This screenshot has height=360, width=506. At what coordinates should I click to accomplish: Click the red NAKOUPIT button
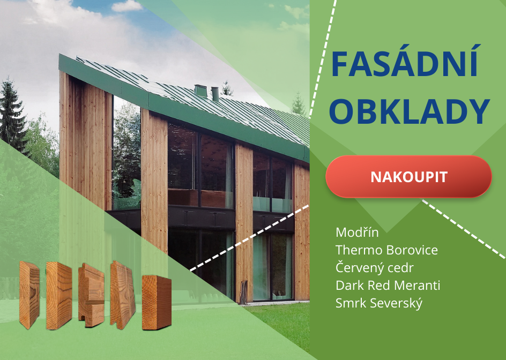point(408,176)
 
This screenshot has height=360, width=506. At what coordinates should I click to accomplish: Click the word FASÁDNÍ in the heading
point(405,62)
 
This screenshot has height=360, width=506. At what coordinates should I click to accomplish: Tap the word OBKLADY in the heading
point(410,111)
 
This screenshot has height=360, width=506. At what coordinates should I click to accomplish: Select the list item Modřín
point(357,232)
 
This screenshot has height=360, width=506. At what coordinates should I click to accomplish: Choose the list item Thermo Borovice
point(386,250)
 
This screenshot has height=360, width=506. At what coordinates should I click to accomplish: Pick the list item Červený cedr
point(374,267)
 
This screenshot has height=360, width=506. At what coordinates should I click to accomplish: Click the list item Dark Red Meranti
point(388,285)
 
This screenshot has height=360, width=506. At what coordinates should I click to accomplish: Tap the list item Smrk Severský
point(379,303)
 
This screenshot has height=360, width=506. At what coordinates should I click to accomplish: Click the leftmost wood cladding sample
point(29,295)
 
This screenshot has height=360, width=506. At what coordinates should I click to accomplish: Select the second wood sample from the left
point(59,296)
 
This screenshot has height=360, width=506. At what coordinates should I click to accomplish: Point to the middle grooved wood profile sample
point(91,295)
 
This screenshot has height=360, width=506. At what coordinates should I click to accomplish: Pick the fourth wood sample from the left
point(123,295)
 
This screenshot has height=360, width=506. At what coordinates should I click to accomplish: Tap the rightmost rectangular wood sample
point(157,302)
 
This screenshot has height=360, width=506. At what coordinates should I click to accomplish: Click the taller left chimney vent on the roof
point(200,91)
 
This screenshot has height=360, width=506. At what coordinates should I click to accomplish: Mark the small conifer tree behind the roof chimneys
point(227,88)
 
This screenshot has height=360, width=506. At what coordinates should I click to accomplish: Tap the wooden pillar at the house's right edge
point(302,231)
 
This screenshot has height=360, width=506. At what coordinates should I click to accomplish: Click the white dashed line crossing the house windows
point(249,238)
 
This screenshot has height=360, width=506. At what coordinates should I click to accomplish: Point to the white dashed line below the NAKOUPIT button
point(464,229)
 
